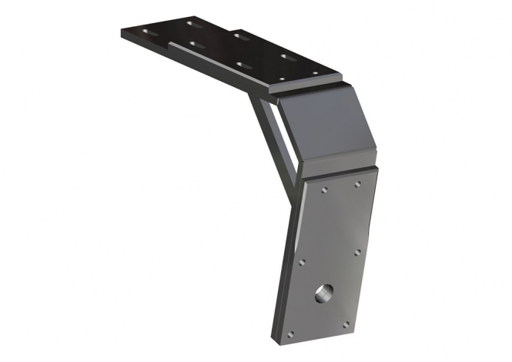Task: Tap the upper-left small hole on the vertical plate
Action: [x=326, y=187]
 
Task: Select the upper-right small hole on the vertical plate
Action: [x=358, y=184]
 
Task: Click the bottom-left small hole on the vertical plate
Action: [x=289, y=334]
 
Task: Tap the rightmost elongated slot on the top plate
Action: [x=289, y=57]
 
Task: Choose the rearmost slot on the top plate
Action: [x=195, y=24]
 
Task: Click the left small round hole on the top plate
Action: [x=281, y=79]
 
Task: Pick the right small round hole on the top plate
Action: [x=315, y=73]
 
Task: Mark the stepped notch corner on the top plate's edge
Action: [x=169, y=43]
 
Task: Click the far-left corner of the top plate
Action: [x=121, y=31]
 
